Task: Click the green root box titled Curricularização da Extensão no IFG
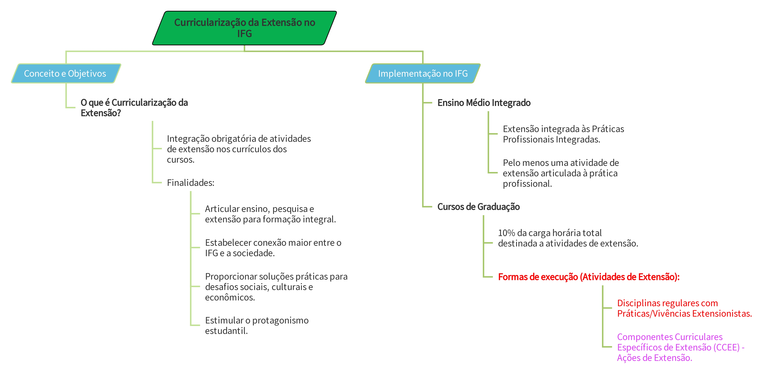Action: click(244, 28)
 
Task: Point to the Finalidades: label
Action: click(190, 183)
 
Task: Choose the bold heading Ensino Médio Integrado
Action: click(484, 103)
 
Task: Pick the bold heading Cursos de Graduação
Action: click(478, 207)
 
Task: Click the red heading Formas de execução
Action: click(588, 277)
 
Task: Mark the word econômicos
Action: click(230, 298)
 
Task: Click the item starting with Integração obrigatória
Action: click(239, 149)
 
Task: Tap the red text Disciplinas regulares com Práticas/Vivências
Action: click(684, 308)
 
